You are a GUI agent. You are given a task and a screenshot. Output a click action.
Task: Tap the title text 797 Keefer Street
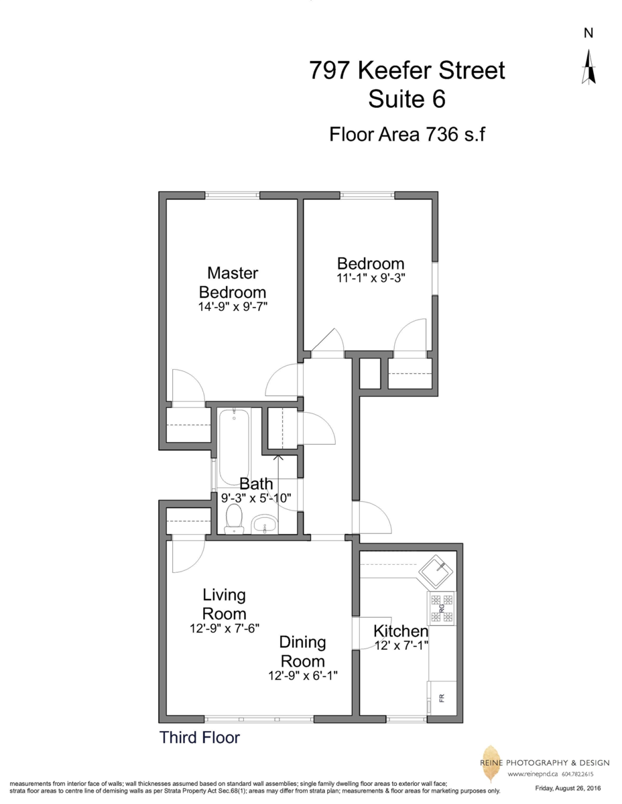407,70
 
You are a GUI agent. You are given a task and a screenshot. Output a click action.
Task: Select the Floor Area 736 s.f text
407,134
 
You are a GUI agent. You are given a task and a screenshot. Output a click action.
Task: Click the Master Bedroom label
233,283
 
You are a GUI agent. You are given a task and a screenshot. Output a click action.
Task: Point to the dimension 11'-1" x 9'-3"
371,276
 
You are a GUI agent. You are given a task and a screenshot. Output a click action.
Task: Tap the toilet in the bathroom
234,519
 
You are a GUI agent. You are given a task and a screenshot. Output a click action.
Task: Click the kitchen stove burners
441,608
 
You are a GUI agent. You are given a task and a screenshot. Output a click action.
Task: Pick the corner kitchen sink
438,568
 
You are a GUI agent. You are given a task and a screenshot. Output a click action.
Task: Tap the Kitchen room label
401,631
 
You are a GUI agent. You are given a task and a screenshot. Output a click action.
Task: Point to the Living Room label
225,604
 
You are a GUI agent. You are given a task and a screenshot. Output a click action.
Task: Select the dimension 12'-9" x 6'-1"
302,676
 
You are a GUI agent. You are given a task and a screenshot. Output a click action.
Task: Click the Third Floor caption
199,738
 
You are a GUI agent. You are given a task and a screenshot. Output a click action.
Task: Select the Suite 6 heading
407,100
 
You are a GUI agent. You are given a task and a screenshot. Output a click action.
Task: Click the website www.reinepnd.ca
534,774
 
